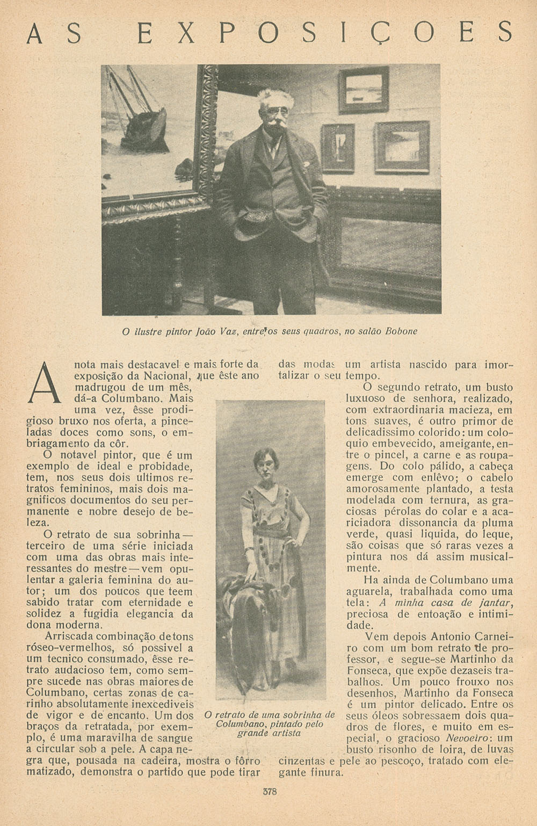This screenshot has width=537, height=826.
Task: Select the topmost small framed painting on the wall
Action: (363, 90)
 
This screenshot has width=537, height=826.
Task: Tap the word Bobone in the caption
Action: (401, 331)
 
